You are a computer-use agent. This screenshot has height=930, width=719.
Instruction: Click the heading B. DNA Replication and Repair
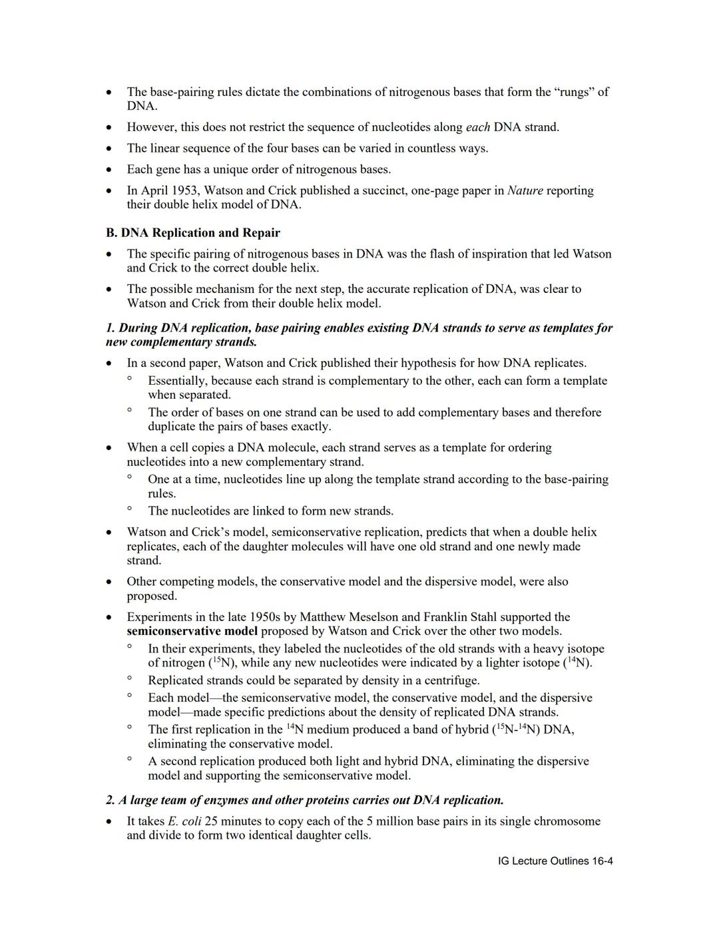193,233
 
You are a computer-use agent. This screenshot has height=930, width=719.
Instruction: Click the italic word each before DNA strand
477,127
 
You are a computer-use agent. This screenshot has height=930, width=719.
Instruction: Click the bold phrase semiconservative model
192,631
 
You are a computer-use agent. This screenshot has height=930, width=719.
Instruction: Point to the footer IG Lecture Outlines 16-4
555,861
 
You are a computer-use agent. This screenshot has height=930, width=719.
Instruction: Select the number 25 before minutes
212,821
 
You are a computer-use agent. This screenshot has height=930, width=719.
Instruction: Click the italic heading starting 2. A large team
305,800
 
